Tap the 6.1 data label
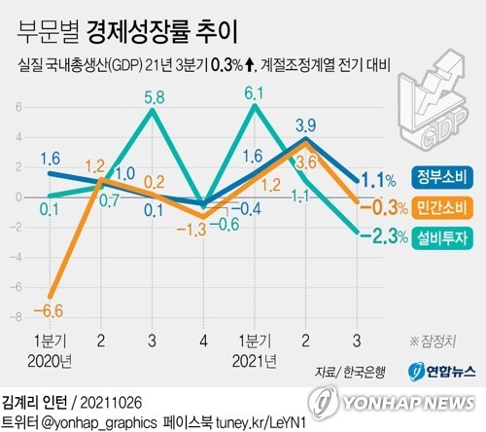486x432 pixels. point(255,93)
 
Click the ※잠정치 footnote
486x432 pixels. point(435,342)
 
